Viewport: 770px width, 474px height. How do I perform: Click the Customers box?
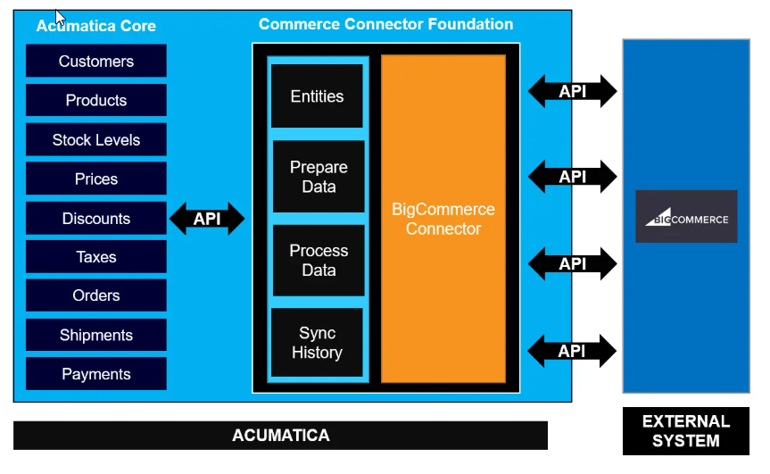[x=95, y=62]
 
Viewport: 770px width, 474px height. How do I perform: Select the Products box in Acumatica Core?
[x=95, y=101]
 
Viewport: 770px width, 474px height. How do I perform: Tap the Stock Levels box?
[x=95, y=140]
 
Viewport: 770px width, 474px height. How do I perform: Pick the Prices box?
[x=95, y=179]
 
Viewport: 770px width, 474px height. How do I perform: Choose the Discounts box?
[x=95, y=219]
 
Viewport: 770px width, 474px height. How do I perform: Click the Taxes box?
[x=95, y=257]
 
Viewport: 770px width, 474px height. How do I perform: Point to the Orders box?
[x=95, y=295]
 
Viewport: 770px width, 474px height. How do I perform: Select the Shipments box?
[x=95, y=336]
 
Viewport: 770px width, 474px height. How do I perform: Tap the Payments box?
[x=95, y=375]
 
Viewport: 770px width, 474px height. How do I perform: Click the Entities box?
[x=317, y=96]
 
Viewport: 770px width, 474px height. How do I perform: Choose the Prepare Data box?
[x=318, y=177]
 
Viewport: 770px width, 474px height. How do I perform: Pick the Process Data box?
[x=318, y=260]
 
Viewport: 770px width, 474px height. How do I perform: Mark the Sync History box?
[x=317, y=343]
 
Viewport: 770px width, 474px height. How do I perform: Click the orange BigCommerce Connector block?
[x=443, y=219]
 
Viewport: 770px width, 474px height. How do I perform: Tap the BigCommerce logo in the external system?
[x=686, y=217]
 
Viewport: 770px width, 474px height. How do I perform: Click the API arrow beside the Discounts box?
[x=207, y=219]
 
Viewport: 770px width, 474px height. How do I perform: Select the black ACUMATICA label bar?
[x=280, y=436]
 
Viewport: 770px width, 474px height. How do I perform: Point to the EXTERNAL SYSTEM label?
[x=685, y=431]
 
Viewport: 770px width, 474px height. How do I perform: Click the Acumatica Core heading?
[x=95, y=27]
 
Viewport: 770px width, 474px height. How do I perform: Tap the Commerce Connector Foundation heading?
[x=385, y=24]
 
